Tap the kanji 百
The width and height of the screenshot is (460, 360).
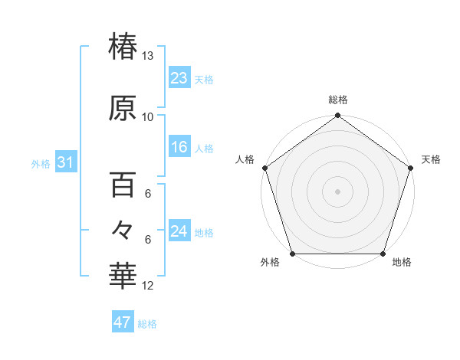point(123,185)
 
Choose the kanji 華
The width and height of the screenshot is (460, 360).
point(123,277)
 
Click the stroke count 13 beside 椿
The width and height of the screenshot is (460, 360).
point(147,55)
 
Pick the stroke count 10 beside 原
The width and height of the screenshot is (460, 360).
point(147,116)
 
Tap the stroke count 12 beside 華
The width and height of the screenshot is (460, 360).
point(147,286)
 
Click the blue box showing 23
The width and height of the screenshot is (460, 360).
point(179,78)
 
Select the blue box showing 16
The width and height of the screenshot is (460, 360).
point(179,147)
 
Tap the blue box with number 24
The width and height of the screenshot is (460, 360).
point(179,231)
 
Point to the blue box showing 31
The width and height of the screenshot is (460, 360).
point(65,162)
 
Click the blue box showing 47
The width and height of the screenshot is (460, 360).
point(123,322)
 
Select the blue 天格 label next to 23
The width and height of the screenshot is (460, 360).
point(204,80)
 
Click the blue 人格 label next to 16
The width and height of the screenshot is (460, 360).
point(204,149)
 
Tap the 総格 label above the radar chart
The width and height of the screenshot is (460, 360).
point(338,100)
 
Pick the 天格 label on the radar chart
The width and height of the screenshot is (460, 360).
point(431,159)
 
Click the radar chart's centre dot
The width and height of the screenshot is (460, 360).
point(337,191)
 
